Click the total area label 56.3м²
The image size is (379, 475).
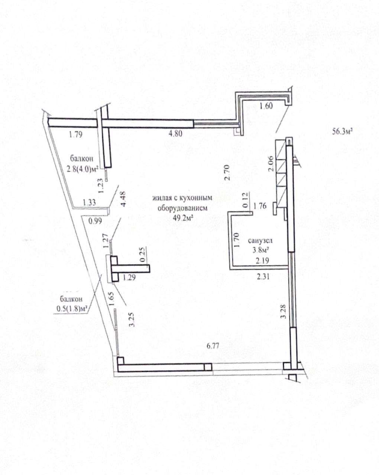[342, 132]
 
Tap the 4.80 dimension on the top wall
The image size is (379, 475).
[175, 134]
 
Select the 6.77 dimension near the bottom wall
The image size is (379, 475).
[213, 345]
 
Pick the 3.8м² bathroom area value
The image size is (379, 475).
[261, 250]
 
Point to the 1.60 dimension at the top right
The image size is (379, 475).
[266, 106]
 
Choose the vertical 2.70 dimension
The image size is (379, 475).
[228, 173]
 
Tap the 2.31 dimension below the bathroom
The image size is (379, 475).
[263, 276]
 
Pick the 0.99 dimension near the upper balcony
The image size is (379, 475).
[95, 220]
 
